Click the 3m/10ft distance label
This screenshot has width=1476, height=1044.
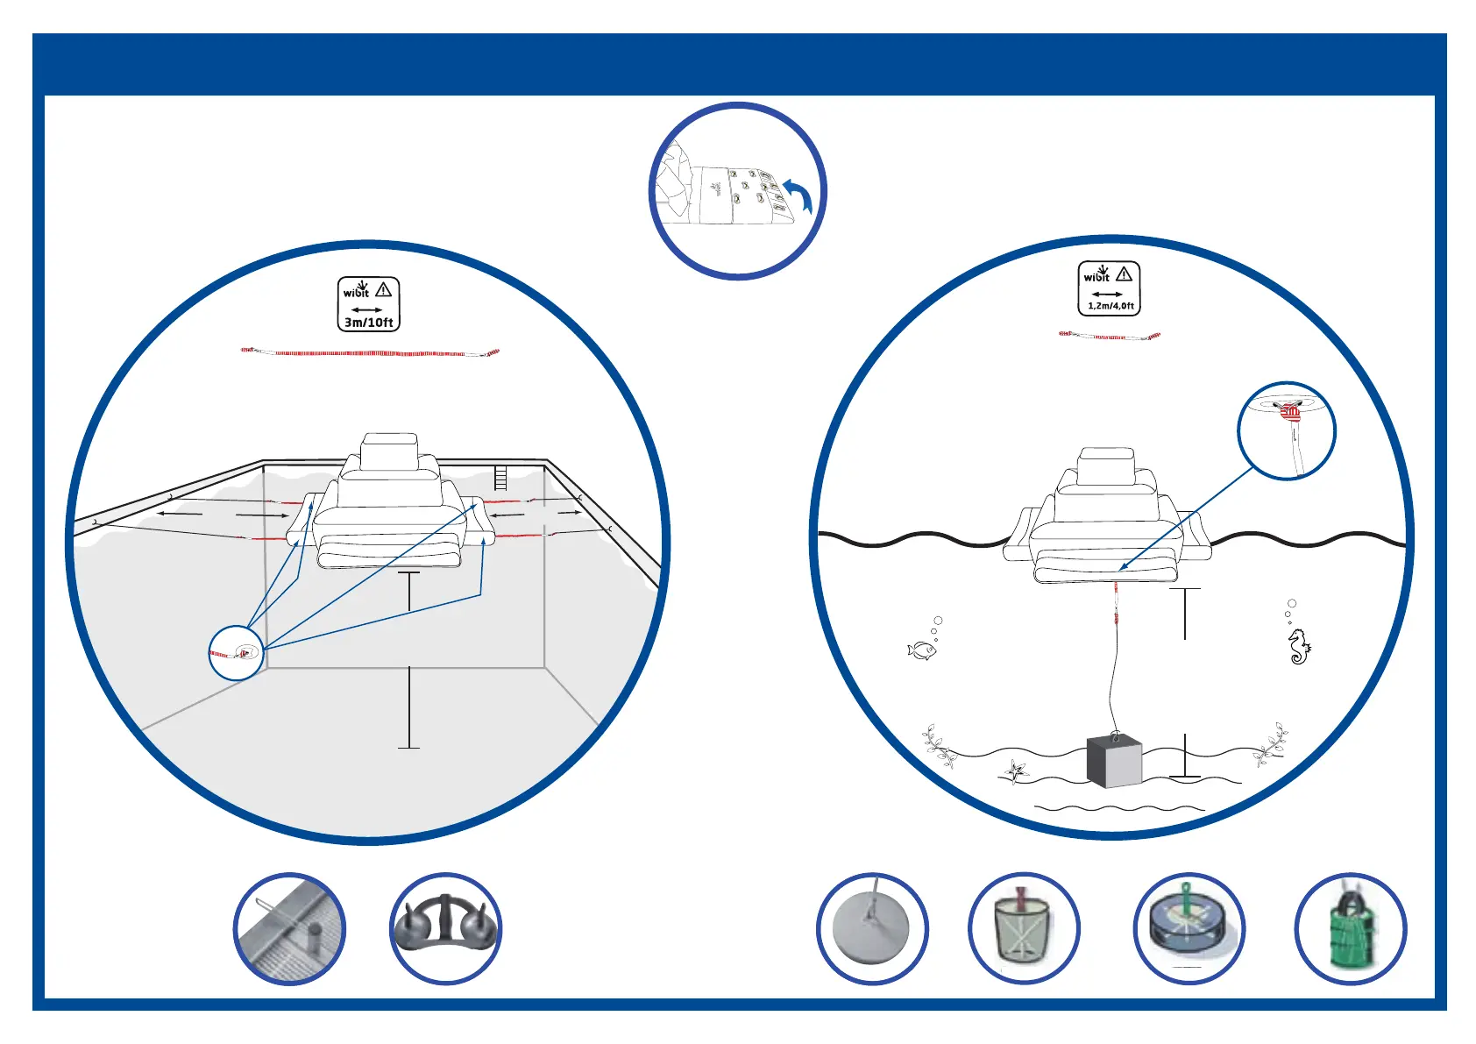[x=368, y=322]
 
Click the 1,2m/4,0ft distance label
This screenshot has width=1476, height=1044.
[x=1111, y=306]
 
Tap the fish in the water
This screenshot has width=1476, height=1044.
[x=920, y=650]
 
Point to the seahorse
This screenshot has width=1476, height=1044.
[x=1299, y=647]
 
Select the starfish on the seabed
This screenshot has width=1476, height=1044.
[x=1015, y=771]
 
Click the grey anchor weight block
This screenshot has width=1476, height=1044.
[x=1114, y=761]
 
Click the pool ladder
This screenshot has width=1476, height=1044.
[x=500, y=478]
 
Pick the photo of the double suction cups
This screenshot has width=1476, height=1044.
[x=445, y=928]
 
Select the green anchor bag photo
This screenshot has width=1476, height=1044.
[x=1351, y=929]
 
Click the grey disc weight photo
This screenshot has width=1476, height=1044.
[x=872, y=929]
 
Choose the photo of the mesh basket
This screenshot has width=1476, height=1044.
[x=1024, y=929]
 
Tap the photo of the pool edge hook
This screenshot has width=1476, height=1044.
[x=290, y=929]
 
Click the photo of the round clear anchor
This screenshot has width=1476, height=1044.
[x=1189, y=929]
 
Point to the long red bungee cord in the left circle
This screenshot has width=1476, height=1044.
[x=370, y=353]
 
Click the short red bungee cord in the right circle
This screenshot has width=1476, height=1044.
[x=1110, y=336]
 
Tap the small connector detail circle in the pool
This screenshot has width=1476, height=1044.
[x=237, y=653]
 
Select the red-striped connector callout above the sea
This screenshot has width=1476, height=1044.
[x=1287, y=430]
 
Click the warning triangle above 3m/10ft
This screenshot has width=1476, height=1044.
[x=384, y=289]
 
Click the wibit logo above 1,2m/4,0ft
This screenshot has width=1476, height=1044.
[x=1096, y=274]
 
